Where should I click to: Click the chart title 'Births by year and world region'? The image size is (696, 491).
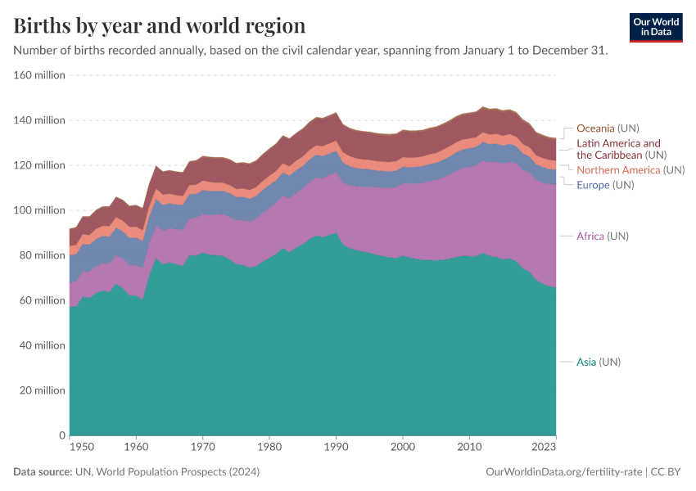160,25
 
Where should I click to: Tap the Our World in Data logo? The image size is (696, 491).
655,27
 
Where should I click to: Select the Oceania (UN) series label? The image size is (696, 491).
608,128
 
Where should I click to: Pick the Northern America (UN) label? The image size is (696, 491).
630,170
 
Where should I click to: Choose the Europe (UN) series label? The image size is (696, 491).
605,185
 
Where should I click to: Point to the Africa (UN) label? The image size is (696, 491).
603,236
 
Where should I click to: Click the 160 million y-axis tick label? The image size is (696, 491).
38,75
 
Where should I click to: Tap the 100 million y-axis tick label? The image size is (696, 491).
38,210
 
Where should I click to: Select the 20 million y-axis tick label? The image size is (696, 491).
41,390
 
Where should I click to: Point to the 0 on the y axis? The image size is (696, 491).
61,435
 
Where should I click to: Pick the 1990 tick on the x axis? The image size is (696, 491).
336,448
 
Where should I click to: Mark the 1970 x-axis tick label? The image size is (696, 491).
203,448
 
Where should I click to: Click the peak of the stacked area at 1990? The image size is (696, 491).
336,114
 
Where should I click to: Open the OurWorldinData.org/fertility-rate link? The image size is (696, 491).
563,472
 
